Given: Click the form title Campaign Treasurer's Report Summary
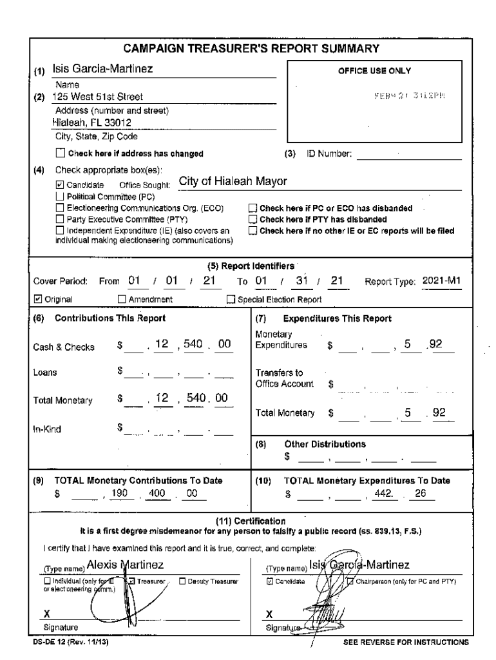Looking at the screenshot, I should click(251, 49).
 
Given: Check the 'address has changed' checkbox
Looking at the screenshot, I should click(61, 153).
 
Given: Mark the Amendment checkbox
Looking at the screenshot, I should click(122, 299).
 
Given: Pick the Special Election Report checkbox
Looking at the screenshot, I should click(231, 299).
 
